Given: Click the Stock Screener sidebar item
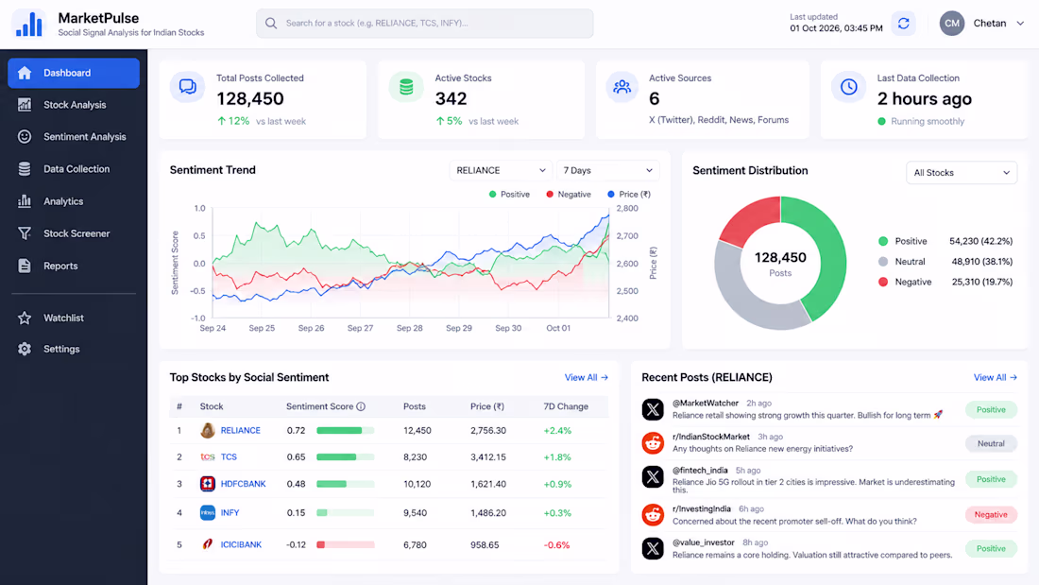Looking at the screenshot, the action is point(74,233).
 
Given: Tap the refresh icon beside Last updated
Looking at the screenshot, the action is point(903,24).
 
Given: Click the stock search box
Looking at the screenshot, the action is point(425,24).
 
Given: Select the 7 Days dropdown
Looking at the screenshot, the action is point(607,170).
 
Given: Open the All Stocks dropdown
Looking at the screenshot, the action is point(961,172).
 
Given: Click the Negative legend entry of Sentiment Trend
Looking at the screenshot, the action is point(569,195).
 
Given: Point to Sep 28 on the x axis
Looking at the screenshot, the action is point(410,328).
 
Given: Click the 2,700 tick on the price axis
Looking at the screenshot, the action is point(627,236).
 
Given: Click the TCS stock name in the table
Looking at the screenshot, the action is point(229,457).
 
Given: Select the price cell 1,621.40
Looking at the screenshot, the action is point(488,484).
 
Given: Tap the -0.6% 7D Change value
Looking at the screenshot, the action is point(556,545).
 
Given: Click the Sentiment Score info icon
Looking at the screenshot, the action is point(361,406).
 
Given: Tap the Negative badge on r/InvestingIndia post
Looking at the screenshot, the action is point(991,515).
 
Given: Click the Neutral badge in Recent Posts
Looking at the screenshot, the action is point(991,444).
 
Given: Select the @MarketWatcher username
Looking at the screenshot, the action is point(705,404).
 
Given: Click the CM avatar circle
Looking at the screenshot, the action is point(951,24).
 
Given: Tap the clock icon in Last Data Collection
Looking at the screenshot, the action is point(849,87).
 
